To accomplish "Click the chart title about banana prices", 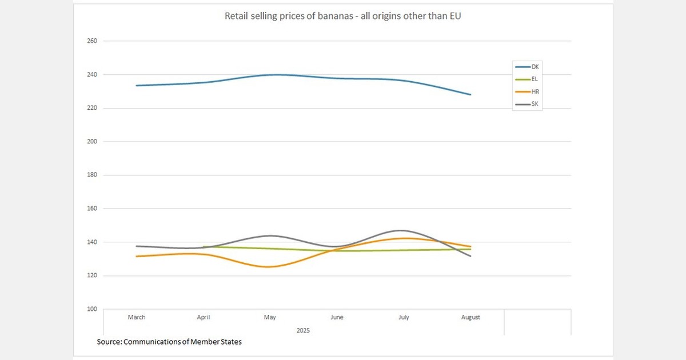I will click(x=343, y=16).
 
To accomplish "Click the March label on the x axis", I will click(x=137, y=317).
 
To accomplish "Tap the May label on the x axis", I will click(x=270, y=317).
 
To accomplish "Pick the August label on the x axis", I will click(x=470, y=317).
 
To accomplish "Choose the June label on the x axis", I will click(x=337, y=317).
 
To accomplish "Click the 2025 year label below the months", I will click(x=303, y=330).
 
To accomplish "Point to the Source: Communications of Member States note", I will click(x=169, y=342).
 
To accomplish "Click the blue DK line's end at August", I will click(x=470, y=95).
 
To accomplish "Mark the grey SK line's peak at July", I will click(x=402, y=230).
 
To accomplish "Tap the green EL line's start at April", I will click(x=204, y=247).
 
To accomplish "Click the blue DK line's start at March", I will click(x=136, y=86).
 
